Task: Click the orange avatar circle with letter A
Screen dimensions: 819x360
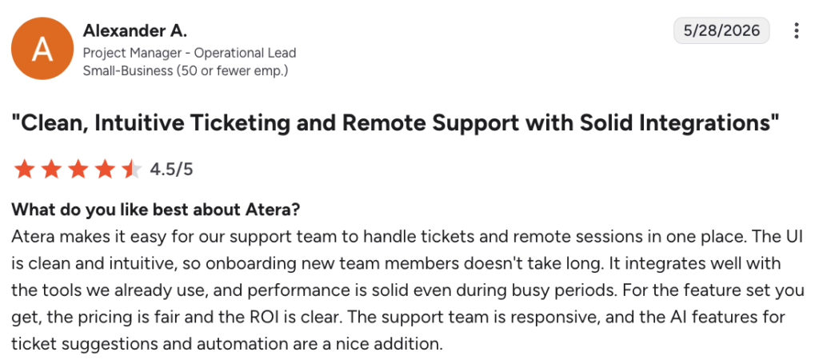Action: tap(42, 49)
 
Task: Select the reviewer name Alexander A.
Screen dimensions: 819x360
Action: tap(134, 31)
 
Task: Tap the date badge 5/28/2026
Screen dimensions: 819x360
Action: tap(721, 30)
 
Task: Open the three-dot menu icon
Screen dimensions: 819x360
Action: tap(796, 30)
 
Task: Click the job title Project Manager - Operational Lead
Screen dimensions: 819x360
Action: tap(190, 53)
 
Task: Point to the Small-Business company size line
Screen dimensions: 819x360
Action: tap(186, 70)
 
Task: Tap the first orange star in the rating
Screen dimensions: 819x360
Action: tap(24, 170)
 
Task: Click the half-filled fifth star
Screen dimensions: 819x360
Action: tap(132, 170)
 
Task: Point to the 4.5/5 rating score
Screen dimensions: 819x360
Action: tap(171, 170)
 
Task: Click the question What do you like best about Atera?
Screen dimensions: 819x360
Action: tap(156, 210)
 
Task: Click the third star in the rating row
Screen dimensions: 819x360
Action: tap(78, 170)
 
